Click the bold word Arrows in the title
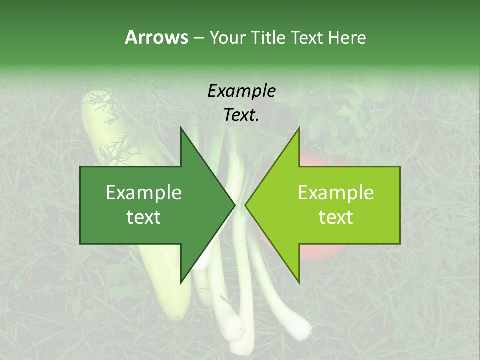click(x=156, y=37)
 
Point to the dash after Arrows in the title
click(x=198, y=38)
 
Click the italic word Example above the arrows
click(x=241, y=91)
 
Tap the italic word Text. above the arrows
click(x=241, y=115)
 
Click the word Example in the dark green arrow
click(x=144, y=193)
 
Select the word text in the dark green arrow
click(x=144, y=217)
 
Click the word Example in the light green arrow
click(x=336, y=193)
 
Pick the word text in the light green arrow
click(x=336, y=217)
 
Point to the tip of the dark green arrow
click(x=234, y=205)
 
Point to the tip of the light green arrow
click(x=245, y=205)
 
